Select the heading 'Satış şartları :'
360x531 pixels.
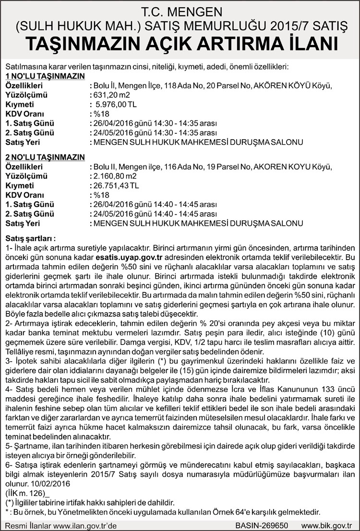click(x=31, y=238)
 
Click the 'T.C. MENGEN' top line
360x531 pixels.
click(x=180, y=10)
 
